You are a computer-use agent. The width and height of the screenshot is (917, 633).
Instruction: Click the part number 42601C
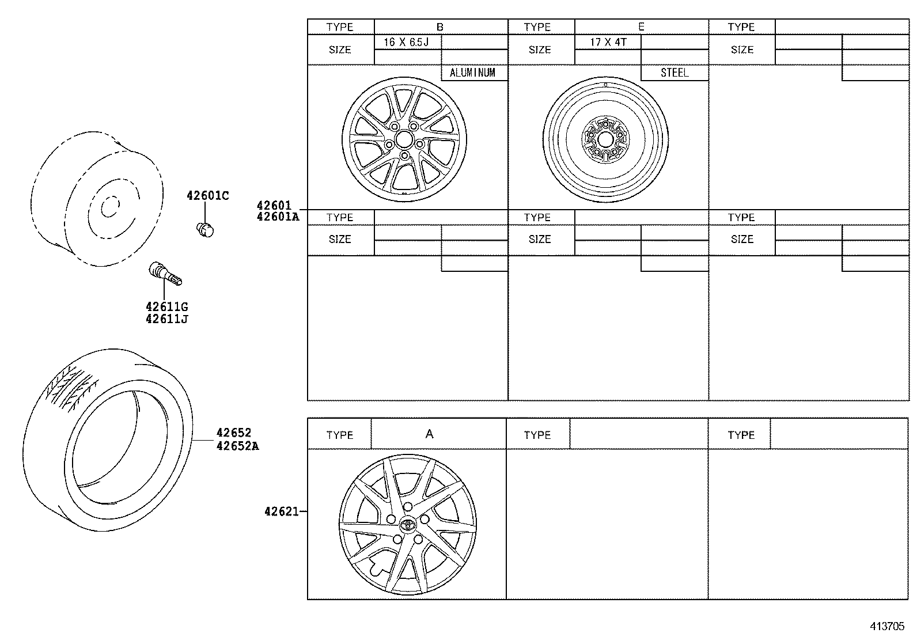tap(207, 196)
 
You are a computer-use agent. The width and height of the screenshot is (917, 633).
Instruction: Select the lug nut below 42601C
tap(204, 229)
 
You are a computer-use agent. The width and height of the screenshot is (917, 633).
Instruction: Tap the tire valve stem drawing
tap(164, 272)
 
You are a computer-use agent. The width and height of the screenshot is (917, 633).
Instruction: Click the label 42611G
tap(166, 307)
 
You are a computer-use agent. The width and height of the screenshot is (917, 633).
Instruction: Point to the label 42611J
tap(166, 319)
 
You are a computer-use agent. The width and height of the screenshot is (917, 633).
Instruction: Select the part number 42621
tap(281, 511)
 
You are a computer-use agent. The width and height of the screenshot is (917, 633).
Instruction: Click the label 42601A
tap(278, 217)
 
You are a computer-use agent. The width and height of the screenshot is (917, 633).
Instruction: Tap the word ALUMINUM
tap(472, 73)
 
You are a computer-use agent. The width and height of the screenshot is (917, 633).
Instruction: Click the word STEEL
tap(675, 73)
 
